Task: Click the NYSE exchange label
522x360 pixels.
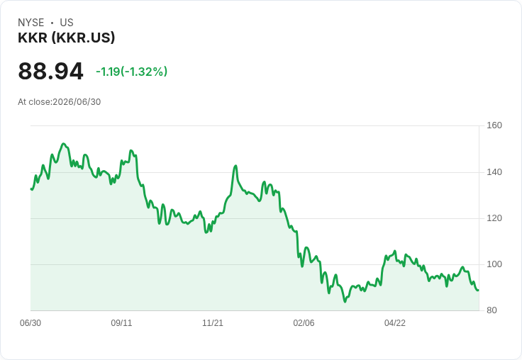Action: click(x=31, y=23)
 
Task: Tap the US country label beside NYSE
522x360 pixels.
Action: click(x=67, y=23)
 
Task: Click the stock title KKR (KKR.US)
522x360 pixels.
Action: click(x=66, y=38)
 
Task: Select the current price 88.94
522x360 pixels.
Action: click(x=50, y=71)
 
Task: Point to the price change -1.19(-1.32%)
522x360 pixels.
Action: click(x=131, y=72)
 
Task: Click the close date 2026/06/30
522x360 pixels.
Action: click(x=77, y=102)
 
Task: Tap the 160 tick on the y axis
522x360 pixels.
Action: click(x=494, y=125)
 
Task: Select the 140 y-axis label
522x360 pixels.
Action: click(x=494, y=172)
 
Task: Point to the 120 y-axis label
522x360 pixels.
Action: click(x=494, y=218)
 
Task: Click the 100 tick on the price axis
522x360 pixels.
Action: click(x=494, y=264)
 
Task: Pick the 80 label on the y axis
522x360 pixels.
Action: click(x=492, y=310)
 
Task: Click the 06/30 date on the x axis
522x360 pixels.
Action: click(x=30, y=323)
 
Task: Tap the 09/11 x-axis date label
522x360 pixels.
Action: click(x=121, y=323)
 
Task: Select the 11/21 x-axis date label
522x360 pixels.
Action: click(x=213, y=323)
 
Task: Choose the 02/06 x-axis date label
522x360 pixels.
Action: click(x=304, y=323)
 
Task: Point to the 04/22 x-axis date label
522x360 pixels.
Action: click(x=395, y=323)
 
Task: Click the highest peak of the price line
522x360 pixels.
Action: click(x=64, y=144)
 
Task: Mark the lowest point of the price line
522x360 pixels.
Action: click(x=345, y=302)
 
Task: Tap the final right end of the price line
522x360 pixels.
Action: click(x=479, y=291)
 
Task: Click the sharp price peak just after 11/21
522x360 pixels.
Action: click(x=235, y=166)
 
